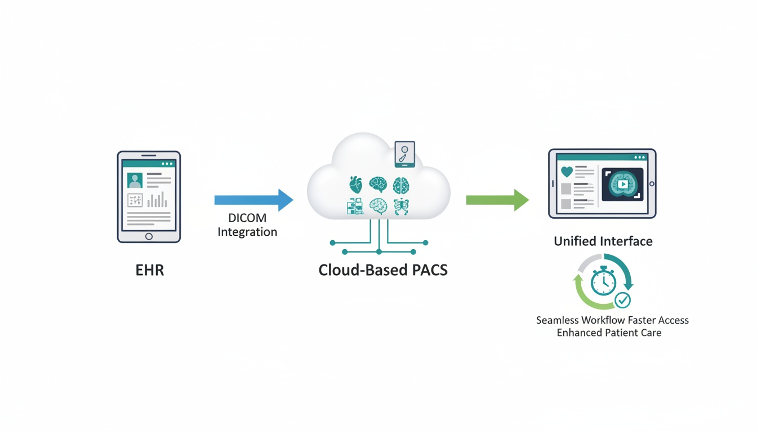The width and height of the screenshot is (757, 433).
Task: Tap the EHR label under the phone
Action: (150, 270)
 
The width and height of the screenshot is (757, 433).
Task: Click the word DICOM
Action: (247, 218)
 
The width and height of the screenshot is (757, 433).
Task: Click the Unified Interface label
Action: (603, 241)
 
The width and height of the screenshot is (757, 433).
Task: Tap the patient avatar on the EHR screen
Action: (135, 180)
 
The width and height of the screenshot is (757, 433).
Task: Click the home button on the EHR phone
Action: (149, 236)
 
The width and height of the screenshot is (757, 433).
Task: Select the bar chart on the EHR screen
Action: (157, 200)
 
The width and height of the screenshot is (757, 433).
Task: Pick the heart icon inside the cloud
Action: (355, 184)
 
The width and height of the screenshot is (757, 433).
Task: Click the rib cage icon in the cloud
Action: (401, 207)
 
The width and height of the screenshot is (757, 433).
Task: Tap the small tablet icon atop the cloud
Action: (404, 154)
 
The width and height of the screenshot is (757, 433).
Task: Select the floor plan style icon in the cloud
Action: (355, 206)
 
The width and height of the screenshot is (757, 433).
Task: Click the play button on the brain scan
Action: (622, 184)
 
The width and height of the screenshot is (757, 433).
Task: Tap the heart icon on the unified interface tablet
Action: (567, 172)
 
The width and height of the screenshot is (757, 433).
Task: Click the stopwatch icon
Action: (603, 281)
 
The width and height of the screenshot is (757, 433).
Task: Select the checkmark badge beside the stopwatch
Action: (622, 301)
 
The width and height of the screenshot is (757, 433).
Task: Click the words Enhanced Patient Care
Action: (609, 333)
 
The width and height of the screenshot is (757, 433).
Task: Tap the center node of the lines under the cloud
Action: (379, 251)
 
